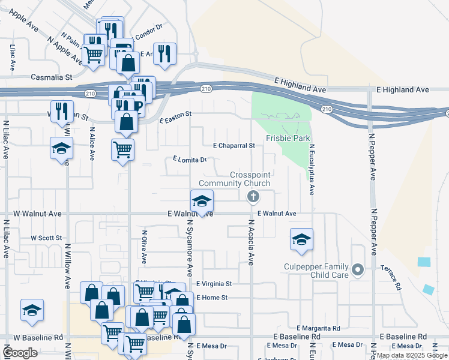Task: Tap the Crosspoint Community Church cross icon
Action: click(253, 196)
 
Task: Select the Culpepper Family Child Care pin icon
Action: click(358, 269)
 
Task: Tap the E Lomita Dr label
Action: click(190, 160)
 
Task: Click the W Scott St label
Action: click(46, 238)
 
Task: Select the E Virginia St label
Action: click(214, 283)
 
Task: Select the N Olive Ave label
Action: click(144, 246)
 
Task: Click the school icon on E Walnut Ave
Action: click(202, 200)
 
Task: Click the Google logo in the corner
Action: click(20, 353)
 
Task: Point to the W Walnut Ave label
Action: click(37, 214)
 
